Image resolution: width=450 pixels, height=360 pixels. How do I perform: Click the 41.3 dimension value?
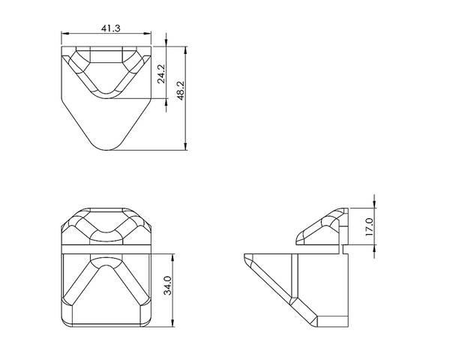(x=110, y=28)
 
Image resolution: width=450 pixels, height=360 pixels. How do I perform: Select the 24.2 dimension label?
(x=161, y=73)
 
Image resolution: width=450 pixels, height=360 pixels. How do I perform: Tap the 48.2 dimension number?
(x=181, y=91)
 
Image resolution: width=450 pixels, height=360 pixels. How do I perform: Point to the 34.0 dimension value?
(x=167, y=285)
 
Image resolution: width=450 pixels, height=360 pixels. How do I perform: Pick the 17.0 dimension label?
(x=369, y=226)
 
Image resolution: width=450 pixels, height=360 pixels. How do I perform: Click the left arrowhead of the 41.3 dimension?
(x=64, y=34)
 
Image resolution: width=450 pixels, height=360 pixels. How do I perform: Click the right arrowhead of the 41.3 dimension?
(x=148, y=34)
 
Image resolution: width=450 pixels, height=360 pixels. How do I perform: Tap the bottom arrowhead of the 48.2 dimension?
(x=186, y=146)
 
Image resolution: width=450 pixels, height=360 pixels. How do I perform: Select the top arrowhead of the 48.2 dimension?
(x=186, y=50)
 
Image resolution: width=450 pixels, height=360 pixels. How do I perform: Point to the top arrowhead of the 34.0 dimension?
(x=172, y=257)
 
